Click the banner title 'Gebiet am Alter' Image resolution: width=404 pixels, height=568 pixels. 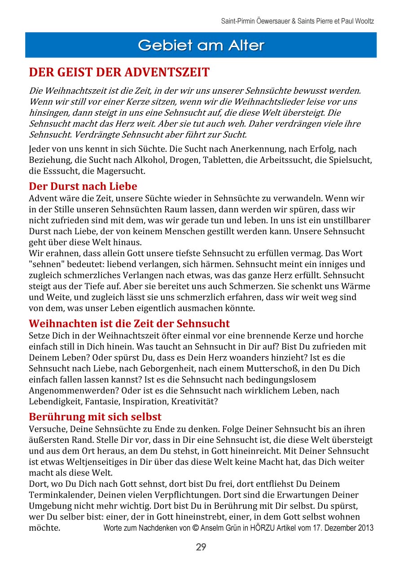click(201, 45)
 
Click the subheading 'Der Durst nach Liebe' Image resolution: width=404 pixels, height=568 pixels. click(83, 186)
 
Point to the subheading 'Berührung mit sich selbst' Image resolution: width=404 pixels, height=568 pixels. click(95, 417)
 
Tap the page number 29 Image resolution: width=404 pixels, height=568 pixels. click(201, 547)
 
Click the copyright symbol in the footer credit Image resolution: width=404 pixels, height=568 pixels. click(195, 528)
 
